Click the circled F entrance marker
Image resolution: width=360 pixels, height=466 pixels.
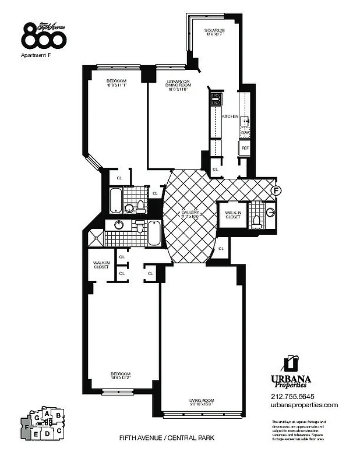pyautogui.click(x=277, y=190)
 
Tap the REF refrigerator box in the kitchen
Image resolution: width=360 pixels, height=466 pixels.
pyautogui.click(x=245, y=148)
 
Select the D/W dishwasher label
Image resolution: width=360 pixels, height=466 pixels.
pyautogui.click(x=245, y=133)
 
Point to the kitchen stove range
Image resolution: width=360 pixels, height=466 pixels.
pyautogui.click(x=216, y=98)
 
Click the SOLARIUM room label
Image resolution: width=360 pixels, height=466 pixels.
pyautogui.click(x=214, y=31)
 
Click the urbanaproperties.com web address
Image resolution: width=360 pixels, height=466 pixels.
pyautogui.click(x=304, y=405)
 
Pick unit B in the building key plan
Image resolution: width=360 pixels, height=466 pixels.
pyautogui.click(x=58, y=415)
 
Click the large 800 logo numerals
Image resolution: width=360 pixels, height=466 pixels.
pyautogui.click(x=44, y=37)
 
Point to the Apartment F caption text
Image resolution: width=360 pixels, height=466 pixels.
pyautogui.click(x=37, y=57)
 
